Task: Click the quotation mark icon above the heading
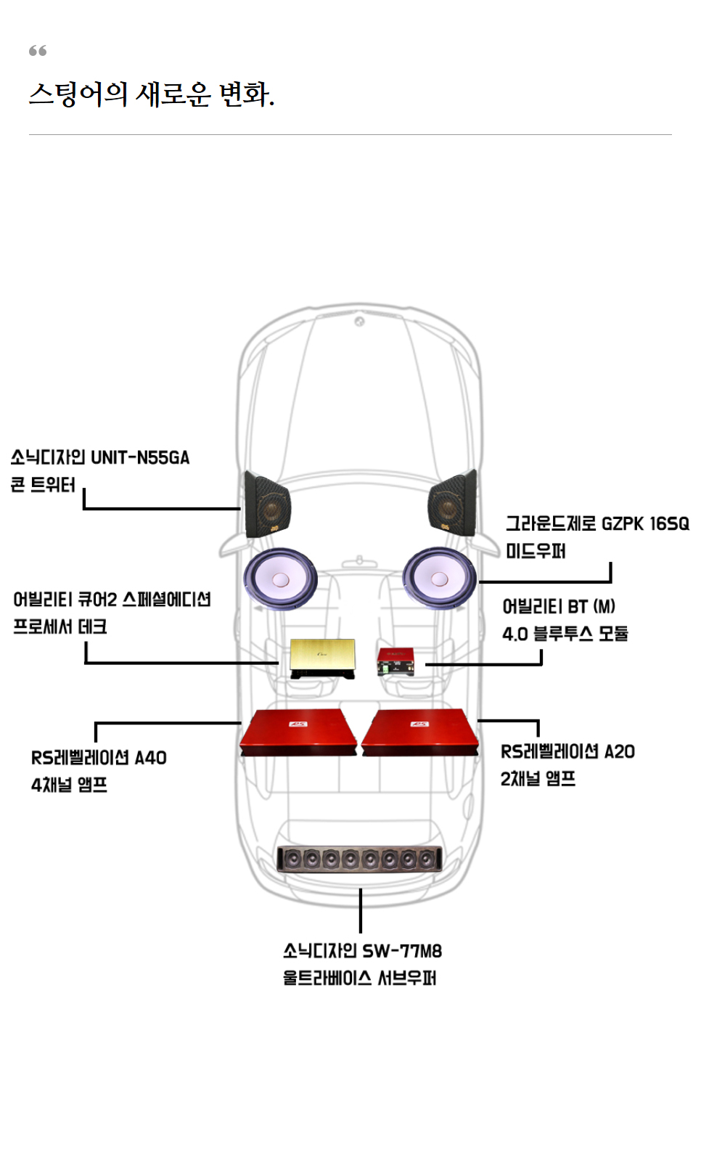pyautogui.click(x=38, y=51)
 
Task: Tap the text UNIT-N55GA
pyautogui.click(x=140, y=458)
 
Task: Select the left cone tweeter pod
pyautogui.click(x=267, y=505)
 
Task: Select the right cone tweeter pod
pyautogui.click(x=452, y=503)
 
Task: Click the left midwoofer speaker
pyautogui.click(x=280, y=579)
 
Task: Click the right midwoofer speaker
pyautogui.click(x=439, y=578)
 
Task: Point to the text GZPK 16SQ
pyautogui.click(x=645, y=524)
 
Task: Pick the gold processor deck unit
pyautogui.click(x=323, y=657)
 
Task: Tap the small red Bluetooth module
pyautogui.click(x=395, y=661)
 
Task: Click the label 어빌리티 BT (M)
pyautogui.click(x=559, y=607)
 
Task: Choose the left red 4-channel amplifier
pyautogui.click(x=298, y=733)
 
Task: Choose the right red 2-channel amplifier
pyautogui.click(x=421, y=733)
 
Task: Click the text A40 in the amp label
pyautogui.click(x=151, y=758)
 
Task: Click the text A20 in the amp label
pyautogui.click(x=620, y=752)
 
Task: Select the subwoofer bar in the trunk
pyautogui.click(x=360, y=859)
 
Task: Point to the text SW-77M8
pyautogui.click(x=402, y=951)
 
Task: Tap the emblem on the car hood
pyautogui.click(x=359, y=321)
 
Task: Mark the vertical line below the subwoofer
pyautogui.click(x=361, y=910)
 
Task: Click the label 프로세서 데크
pyautogui.click(x=60, y=626)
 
